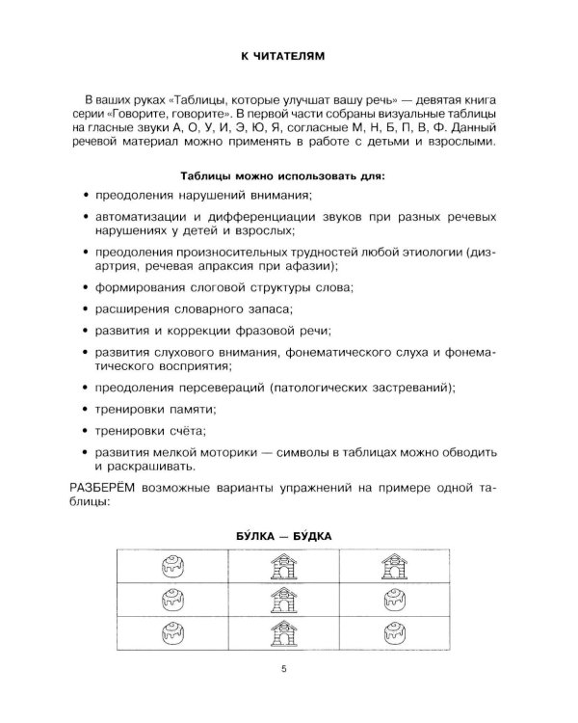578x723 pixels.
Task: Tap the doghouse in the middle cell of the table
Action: pyautogui.click(x=283, y=600)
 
